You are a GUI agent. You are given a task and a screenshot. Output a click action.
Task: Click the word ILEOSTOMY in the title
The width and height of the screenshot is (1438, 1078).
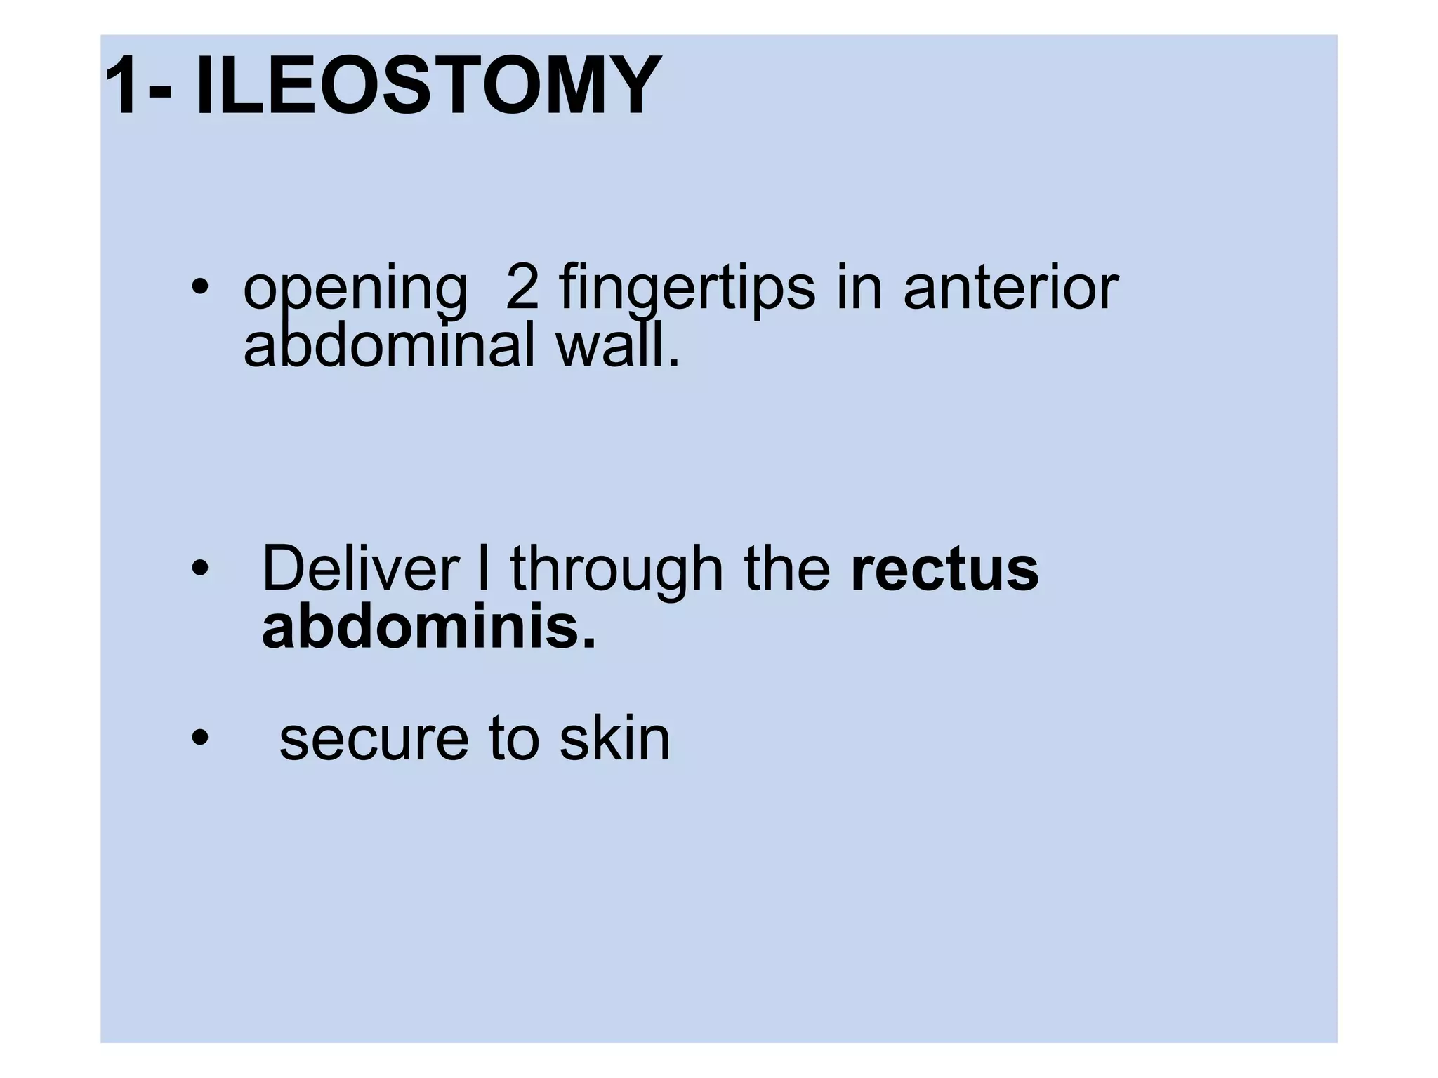click(x=428, y=86)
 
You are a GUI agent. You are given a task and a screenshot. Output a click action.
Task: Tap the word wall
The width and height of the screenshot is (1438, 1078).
click(x=617, y=345)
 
